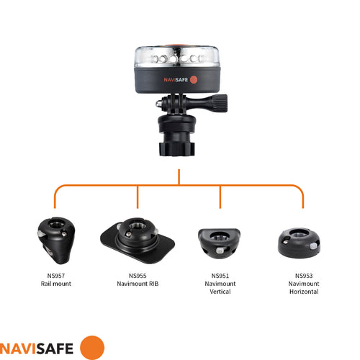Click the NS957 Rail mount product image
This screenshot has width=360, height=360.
tap(55, 240)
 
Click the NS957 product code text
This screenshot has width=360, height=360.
tap(56, 276)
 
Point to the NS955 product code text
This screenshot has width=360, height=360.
tap(138, 276)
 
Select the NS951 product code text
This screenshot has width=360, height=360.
tap(220, 276)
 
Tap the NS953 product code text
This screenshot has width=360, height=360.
tap(303, 276)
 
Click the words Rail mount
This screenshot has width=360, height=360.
tap(56, 284)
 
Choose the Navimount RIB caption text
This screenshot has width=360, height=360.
tap(138, 284)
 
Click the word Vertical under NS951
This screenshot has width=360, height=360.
tap(220, 292)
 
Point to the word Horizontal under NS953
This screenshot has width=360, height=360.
tap(303, 292)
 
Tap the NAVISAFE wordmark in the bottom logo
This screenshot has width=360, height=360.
tap(37, 347)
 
